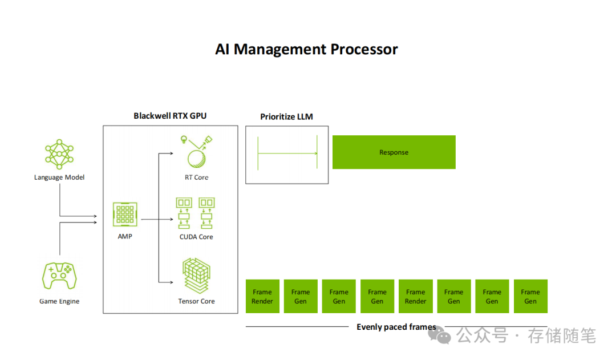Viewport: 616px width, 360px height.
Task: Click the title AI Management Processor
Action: (x=306, y=49)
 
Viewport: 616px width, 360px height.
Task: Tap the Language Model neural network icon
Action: (x=59, y=153)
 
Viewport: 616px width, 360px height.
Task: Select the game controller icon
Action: (x=59, y=276)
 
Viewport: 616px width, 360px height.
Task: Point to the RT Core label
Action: (x=196, y=177)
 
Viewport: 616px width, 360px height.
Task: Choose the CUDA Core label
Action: (x=196, y=237)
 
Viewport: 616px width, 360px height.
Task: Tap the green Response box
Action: (x=394, y=152)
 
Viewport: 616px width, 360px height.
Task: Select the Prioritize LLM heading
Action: (x=286, y=117)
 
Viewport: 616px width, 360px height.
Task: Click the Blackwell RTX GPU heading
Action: (x=170, y=116)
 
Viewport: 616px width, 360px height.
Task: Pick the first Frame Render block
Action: (x=262, y=296)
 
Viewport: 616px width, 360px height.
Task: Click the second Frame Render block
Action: (x=415, y=296)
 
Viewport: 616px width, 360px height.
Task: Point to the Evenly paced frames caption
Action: (x=396, y=327)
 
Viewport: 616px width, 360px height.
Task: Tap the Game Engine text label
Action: (x=59, y=301)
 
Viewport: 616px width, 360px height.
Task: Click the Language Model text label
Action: (x=59, y=177)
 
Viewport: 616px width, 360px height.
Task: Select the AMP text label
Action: (x=125, y=237)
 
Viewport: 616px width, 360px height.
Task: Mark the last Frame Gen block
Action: (x=530, y=296)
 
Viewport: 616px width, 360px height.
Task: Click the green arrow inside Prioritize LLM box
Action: (x=287, y=153)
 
